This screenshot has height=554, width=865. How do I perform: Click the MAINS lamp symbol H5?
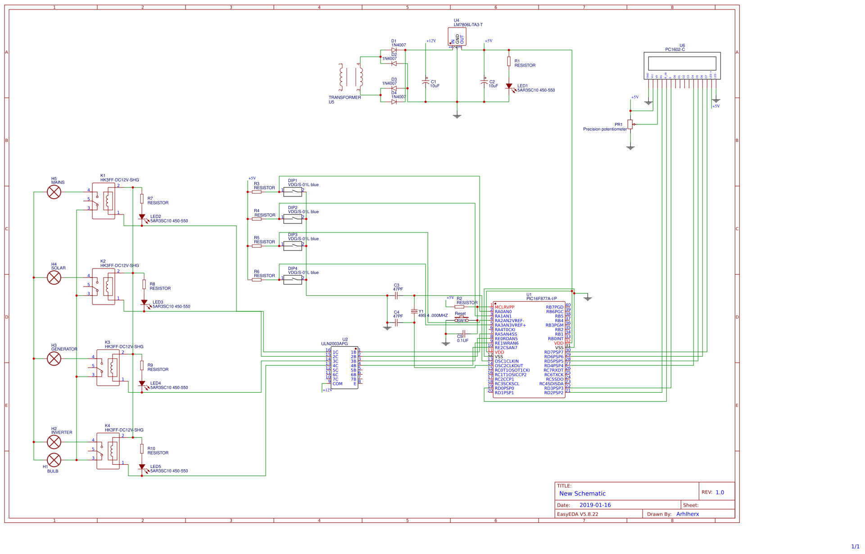(54, 192)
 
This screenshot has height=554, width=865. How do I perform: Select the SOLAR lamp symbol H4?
(54, 277)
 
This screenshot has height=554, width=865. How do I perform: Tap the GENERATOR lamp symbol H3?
(54, 359)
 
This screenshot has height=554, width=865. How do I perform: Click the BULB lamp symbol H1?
(54, 460)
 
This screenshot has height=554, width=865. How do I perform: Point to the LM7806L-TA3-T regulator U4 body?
(457, 36)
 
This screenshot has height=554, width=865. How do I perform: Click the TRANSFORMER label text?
(344, 98)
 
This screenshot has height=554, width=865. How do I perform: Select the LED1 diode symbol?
(509, 86)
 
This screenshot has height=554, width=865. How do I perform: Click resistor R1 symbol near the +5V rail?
(509, 62)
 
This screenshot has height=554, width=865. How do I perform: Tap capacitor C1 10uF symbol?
(426, 82)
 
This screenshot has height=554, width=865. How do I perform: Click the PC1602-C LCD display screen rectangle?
(682, 64)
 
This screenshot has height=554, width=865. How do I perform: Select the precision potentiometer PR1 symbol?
(630, 124)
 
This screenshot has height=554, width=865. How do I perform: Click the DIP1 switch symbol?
(293, 192)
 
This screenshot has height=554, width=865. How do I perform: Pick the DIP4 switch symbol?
(293, 280)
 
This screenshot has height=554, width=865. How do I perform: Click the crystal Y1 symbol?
(414, 311)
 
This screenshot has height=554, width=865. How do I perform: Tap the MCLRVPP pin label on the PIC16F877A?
(504, 307)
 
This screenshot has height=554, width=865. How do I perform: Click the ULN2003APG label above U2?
(334, 344)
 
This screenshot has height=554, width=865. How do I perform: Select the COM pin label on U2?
(337, 384)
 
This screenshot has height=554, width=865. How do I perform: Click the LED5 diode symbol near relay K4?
(142, 467)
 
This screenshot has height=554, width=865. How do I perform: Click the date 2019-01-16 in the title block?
(595, 505)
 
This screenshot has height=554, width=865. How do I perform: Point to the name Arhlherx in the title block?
(687, 514)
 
